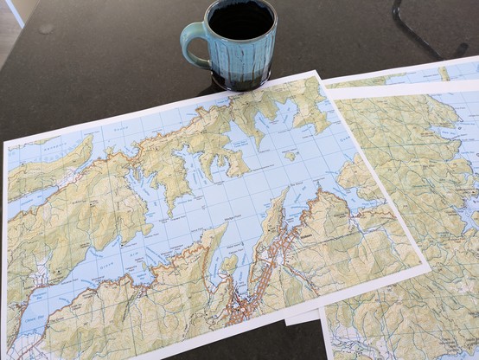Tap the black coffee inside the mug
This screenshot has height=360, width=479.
[x=241, y=19]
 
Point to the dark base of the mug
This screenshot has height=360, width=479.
[x=239, y=84]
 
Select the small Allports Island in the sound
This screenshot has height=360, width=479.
[x=291, y=156]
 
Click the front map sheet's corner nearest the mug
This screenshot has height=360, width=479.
[x=315, y=74]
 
